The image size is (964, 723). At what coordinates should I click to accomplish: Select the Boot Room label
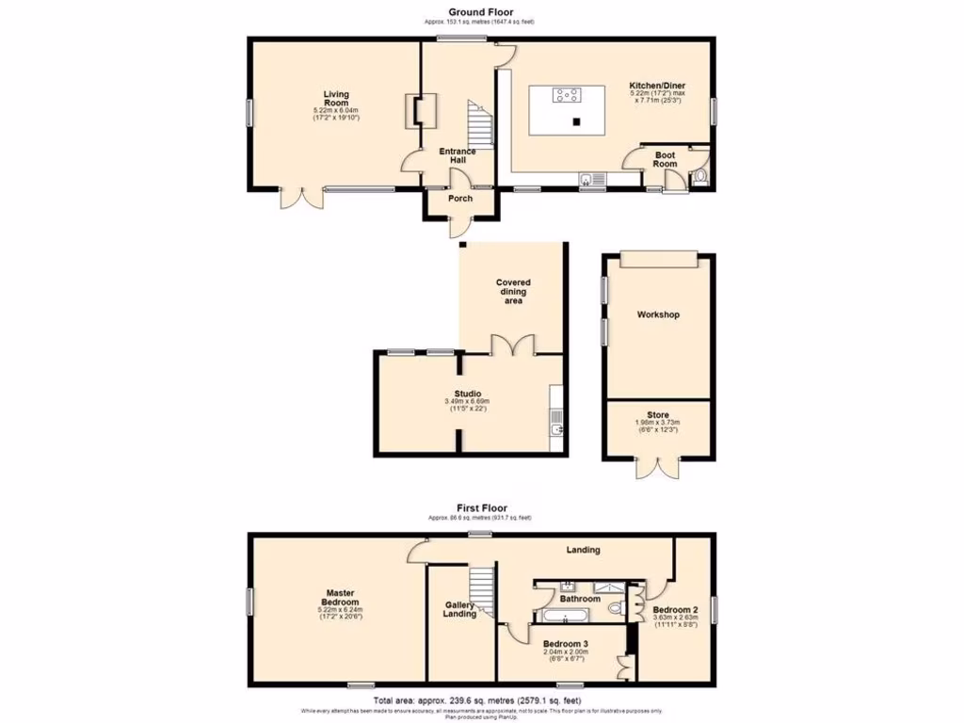click(x=665, y=159)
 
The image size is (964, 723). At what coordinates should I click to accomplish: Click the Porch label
click(x=460, y=199)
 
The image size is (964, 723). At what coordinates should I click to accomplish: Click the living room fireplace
click(x=416, y=111)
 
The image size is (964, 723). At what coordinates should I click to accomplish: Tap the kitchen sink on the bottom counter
click(x=591, y=177)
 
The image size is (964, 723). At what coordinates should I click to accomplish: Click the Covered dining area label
click(x=513, y=291)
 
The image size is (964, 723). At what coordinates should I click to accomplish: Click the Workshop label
click(x=658, y=314)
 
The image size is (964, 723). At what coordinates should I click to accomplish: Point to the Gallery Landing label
click(x=459, y=610)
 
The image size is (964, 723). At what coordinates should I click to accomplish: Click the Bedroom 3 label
click(x=565, y=644)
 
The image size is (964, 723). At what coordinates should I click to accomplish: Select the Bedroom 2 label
click(x=674, y=609)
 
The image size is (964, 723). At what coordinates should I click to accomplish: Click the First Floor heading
click(x=480, y=508)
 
